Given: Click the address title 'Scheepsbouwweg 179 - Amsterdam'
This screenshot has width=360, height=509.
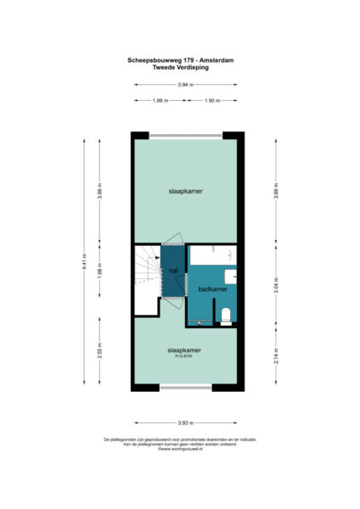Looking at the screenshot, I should pos(179,60).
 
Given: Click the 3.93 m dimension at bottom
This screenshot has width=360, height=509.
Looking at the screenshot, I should pos(183,422).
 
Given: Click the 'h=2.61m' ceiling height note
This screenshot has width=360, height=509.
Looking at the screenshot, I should pos(183,356).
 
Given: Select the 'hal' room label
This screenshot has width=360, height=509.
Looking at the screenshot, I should pos(173,271).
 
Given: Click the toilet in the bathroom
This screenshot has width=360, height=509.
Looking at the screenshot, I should pos(225,316).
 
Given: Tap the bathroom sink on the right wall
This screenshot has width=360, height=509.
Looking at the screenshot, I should pos(231,276).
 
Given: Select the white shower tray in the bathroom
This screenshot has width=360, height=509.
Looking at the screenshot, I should pos(212,255).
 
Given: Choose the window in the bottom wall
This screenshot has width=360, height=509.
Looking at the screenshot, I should pos(185,388).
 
